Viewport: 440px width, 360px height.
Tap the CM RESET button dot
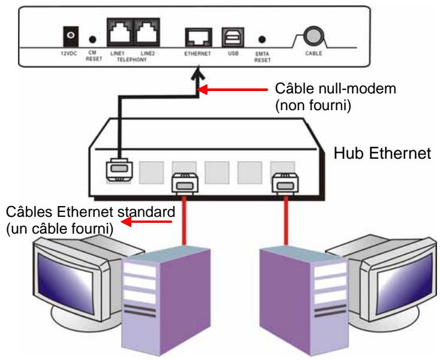coord(92,40)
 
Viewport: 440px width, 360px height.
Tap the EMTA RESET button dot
coord(262,40)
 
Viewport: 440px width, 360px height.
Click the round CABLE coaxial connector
coord(311,36)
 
